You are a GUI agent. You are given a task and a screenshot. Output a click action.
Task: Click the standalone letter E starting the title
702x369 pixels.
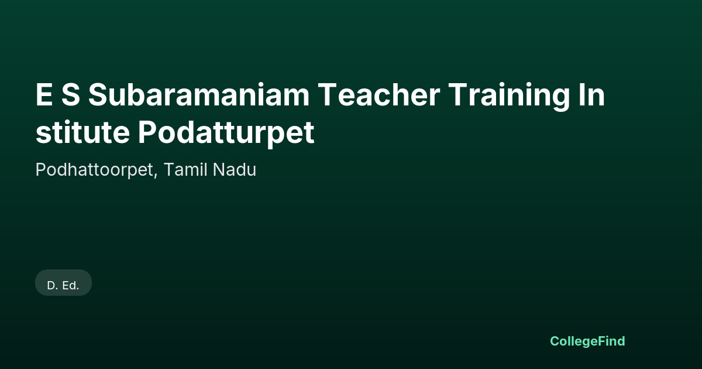pyautogui.click(x=44, y=94)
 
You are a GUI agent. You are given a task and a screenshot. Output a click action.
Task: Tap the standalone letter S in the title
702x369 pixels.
pyautogui.click(x=71, y=94)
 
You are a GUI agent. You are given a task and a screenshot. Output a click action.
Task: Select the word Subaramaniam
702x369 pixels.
pyautogui.click(x=199, y=94)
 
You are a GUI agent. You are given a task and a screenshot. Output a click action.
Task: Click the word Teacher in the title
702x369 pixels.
pyautogui.click(x=379, y=94)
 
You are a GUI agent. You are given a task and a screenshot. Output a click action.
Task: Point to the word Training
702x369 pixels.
pyautogui.click(x=510, y=97)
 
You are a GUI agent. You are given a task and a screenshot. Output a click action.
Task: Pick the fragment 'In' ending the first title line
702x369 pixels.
pyautogui.click(x=591, y=94)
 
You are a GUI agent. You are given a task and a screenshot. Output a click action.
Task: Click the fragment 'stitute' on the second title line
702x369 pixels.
pyautogui.click(x=82, y=132)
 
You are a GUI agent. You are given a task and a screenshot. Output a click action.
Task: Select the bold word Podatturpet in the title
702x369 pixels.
pyautogui.click(x=226, y=134)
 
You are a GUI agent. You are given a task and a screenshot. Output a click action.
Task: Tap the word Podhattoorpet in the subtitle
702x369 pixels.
pyautogui.click(x=94, y=170)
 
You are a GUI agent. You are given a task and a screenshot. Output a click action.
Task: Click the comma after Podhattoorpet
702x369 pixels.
pyautogui.click(x=156, y=176)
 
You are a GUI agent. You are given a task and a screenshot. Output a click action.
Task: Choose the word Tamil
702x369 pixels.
pyautogui.click(x=185, y=169)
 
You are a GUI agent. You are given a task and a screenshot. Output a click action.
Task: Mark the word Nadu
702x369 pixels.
pyautogui.click(x=235, y=169)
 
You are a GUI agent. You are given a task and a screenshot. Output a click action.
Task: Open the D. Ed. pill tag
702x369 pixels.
pyautogui.click(x=63, y=283)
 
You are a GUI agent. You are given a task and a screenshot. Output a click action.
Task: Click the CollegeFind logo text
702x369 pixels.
pyautogui.click(x=587, y=341)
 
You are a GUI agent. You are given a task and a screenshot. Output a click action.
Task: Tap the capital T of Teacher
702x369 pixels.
pyautogui.click(x=327, y=94)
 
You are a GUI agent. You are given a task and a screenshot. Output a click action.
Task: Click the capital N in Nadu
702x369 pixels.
pyautogui.click(x=219, y=169)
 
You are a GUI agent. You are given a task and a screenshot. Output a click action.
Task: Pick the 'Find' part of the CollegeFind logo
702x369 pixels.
pyautogui.click(x=612, y=341)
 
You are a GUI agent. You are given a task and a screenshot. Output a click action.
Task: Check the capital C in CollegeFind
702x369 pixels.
pyautogui.click(x=555, y=341)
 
